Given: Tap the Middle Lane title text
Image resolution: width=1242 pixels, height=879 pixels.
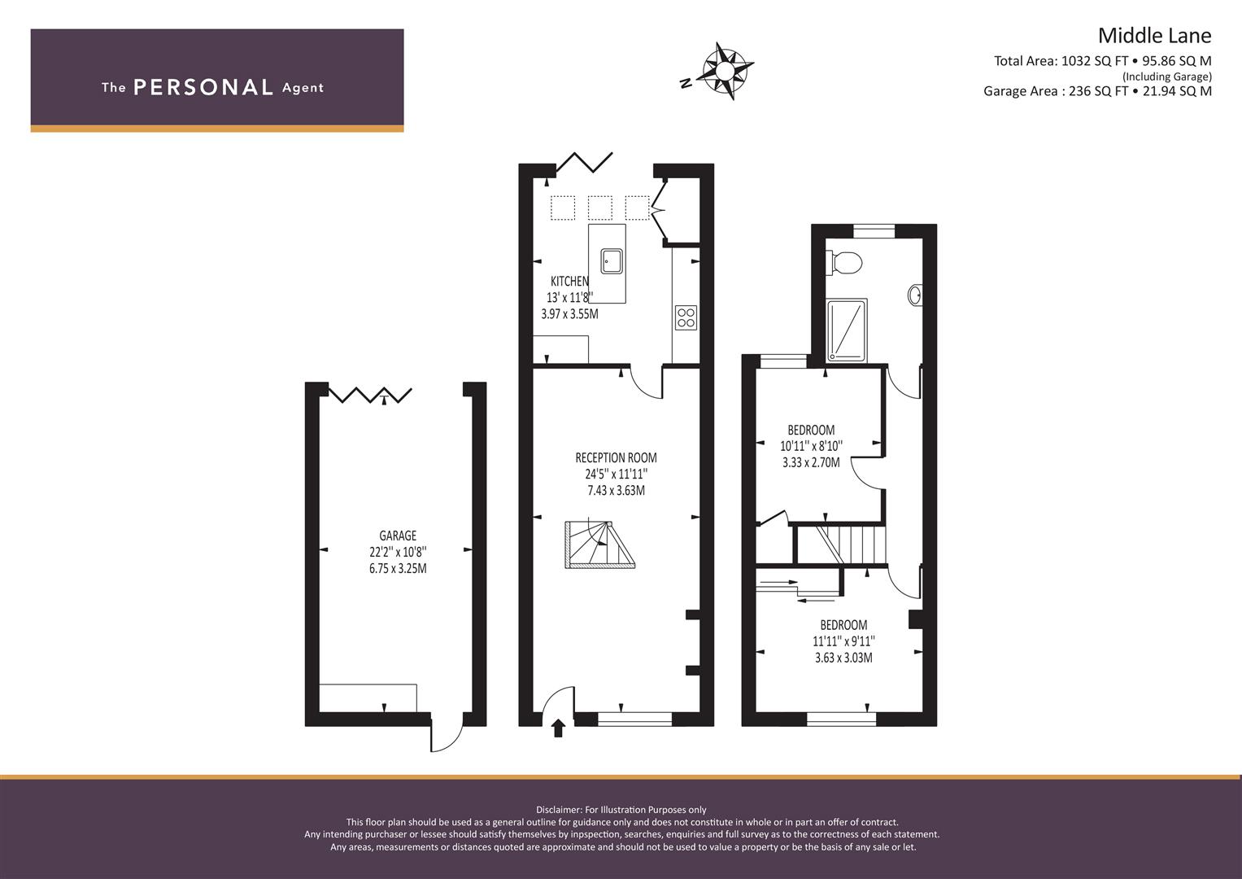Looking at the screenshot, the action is coord(1154,36).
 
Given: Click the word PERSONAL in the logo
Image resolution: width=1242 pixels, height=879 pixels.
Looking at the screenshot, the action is coord(203,87).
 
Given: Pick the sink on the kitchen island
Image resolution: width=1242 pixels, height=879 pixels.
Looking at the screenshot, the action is coord(611,261).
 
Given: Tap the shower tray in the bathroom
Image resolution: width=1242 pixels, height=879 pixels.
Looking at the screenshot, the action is coord(847,330).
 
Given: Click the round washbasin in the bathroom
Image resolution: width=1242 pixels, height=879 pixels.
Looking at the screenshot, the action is coord(915,295).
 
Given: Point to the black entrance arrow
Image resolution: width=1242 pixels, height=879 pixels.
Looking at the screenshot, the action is coord(558,728).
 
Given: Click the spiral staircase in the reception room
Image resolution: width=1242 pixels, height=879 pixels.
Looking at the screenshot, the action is coord(599,545).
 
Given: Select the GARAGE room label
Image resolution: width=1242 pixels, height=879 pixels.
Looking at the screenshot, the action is coord(398,536).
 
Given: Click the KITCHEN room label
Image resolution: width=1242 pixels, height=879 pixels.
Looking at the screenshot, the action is coord(569,281).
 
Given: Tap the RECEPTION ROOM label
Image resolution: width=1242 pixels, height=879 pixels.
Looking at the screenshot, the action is coord(616,457).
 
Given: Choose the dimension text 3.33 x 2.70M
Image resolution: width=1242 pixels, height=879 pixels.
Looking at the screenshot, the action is coord(811,462).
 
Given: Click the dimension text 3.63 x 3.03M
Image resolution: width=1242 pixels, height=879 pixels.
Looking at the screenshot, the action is coord(844,658).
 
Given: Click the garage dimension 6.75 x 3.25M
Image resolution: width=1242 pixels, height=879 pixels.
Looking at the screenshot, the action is coord(398,569).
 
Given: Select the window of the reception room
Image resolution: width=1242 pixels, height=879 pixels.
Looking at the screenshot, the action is coord(635,719).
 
